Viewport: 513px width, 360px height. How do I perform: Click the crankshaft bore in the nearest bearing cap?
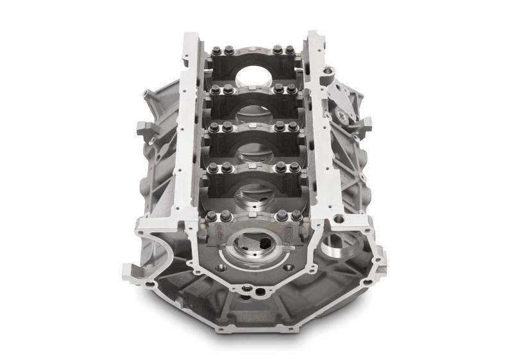tap(251, 245)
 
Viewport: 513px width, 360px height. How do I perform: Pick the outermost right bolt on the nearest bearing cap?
tap(297, 216)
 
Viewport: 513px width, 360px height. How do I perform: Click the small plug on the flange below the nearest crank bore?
tap(255, 290)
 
